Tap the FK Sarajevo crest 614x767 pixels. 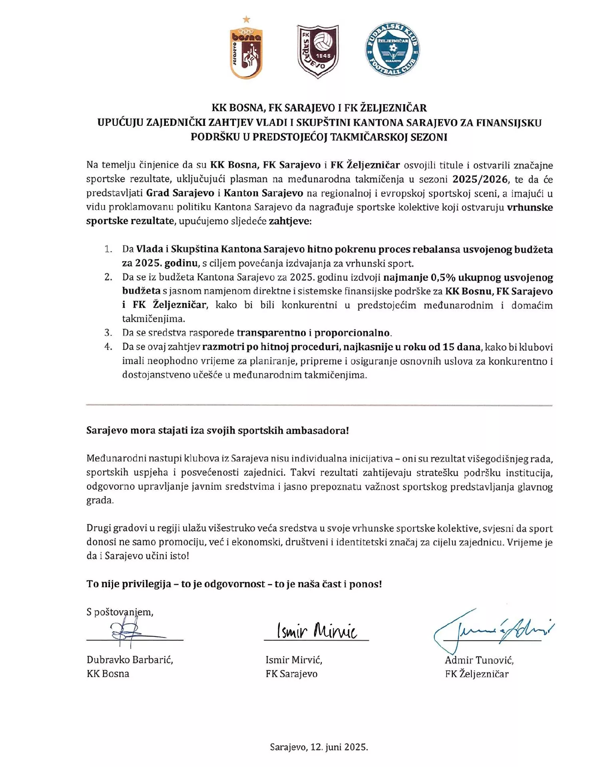click(318, 51)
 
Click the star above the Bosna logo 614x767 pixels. click(246, 19)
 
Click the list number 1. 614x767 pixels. click(108, 249)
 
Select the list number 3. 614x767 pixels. click(108, 332)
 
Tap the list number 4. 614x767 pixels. click(108, 346)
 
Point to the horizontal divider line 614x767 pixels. click(319, 405)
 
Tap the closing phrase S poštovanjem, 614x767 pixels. click(120, 612)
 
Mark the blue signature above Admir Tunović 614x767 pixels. click(494, 630)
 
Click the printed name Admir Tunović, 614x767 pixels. click(479, 660)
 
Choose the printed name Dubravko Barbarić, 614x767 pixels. click(130, 660)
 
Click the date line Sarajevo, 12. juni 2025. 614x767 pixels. click(319, 747)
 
